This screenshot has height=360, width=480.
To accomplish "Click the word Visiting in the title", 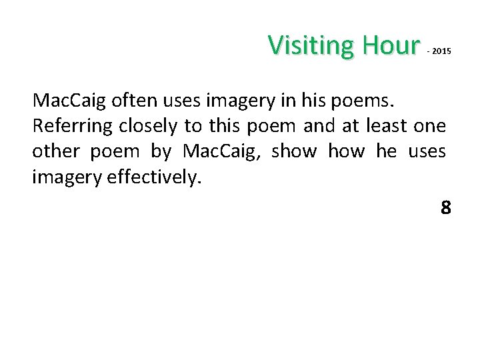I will (312, 45).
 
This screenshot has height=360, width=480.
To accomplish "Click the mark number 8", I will (445, 209).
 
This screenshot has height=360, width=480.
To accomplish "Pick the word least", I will (384, 126).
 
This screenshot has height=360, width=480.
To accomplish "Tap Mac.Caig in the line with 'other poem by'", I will (221, 151).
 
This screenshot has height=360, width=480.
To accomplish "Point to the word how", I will (347, 151).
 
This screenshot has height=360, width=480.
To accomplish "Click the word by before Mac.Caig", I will (161, 151).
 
